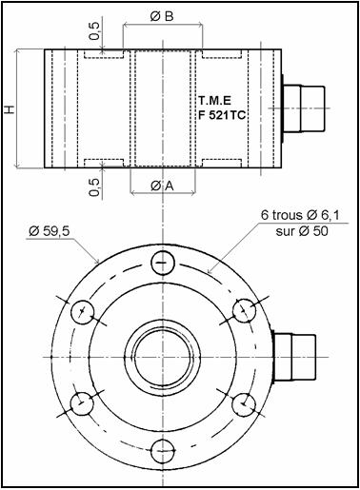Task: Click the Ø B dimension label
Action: [x=162, y=16]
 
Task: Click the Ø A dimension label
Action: [x=162, y=186]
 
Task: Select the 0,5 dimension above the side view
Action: [x=94, y=31]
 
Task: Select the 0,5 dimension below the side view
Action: [x=94, y=187]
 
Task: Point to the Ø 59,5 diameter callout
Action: [x=49, y=231]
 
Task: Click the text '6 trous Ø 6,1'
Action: [x=300, y=215]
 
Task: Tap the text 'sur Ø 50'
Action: [x=302, y=231]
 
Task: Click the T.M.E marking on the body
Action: [x=215, y=101]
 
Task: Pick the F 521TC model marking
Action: [x=222, y=115]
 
